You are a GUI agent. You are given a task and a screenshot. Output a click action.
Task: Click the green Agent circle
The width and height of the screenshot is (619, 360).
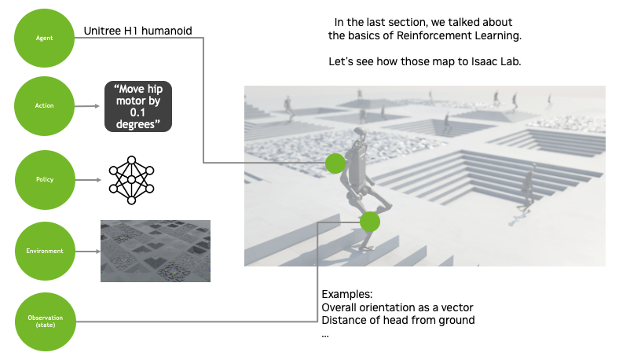pos(44,38)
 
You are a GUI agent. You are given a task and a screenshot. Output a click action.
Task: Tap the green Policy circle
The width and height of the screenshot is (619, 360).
pos(44,179)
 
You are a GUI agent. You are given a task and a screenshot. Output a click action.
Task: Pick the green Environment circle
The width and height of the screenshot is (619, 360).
pos(44,251)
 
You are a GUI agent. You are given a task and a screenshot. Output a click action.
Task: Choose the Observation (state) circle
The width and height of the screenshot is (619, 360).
pos(44,321)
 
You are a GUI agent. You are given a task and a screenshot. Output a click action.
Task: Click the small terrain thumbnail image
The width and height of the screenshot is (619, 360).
pos(156,251)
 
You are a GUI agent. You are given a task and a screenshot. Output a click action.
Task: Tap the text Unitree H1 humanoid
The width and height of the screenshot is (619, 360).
pos(138,31)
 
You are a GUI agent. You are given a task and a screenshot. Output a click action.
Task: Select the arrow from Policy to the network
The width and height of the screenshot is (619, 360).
pos(87,180)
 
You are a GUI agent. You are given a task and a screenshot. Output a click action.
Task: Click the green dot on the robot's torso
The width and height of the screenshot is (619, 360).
pos(335,163)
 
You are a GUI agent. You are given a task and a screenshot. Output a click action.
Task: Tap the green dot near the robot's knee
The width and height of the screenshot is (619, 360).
pos(370,222)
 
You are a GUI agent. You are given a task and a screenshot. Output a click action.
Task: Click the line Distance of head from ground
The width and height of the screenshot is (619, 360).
pos(398,320)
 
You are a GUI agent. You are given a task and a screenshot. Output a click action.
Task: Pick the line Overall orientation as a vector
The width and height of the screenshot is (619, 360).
pos(398,307)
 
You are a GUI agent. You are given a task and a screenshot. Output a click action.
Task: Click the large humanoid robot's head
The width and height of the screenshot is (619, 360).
pos(360,134)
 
